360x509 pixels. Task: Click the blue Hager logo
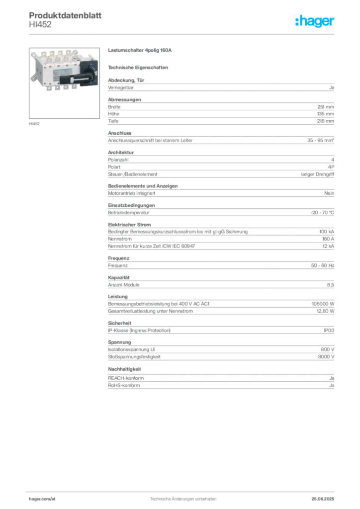click(x=315, y=21)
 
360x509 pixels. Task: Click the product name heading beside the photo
click(x=141, y=50)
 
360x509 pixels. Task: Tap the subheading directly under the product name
click(x=140, y=67)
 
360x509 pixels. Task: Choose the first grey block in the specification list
click(x=220, y=87)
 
